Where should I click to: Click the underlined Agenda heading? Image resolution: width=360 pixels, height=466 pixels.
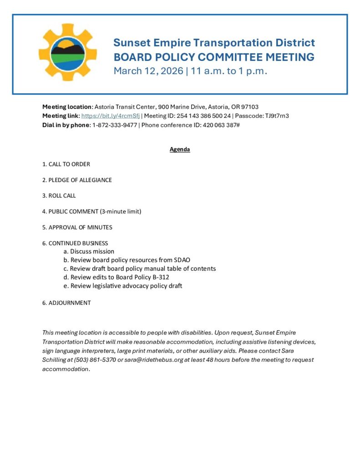coord(180,149)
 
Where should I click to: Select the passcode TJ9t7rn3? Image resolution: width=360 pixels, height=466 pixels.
coord(277,116)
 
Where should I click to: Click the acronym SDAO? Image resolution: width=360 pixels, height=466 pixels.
coord(182,260)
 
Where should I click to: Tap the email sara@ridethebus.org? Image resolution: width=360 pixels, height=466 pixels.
coord(154,360)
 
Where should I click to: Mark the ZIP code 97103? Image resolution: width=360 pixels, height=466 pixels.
coord(249,107)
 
